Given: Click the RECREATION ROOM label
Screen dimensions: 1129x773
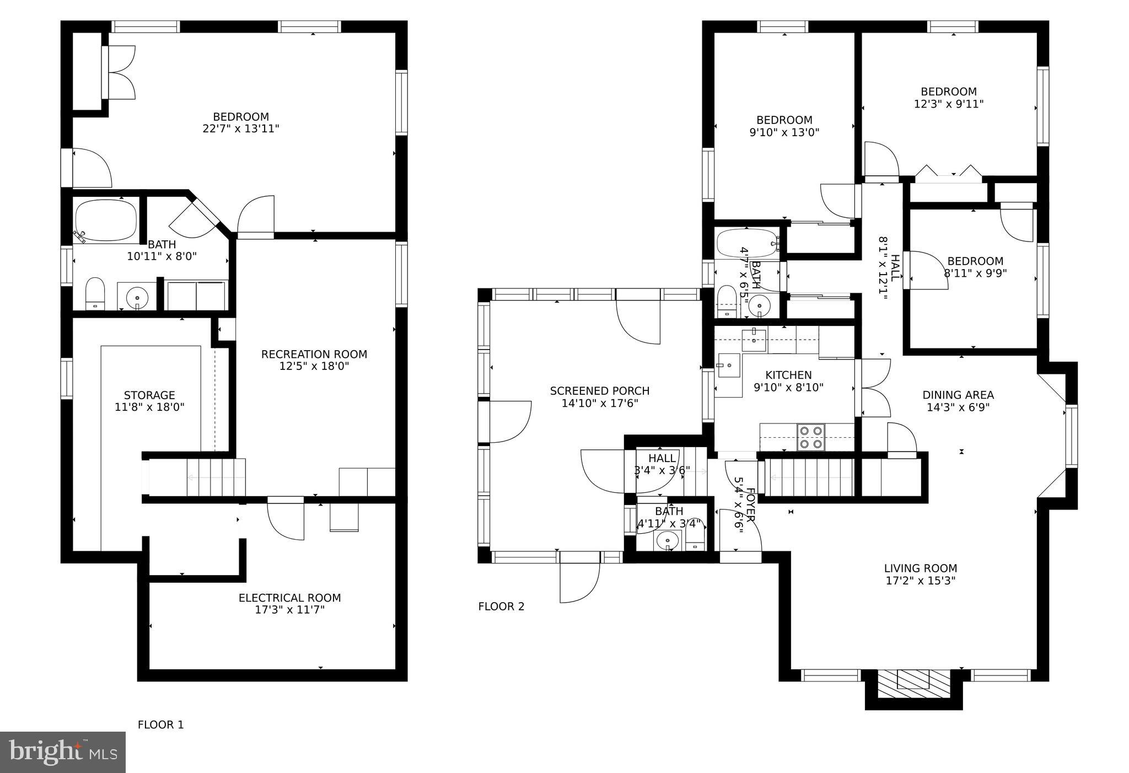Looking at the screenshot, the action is tap(314, 354).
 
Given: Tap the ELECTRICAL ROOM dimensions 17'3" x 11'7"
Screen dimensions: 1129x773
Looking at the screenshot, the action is tap(289, 610).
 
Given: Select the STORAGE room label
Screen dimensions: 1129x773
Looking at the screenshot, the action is tap(149, 395).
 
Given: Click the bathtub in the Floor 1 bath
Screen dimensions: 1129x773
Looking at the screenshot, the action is tap(106, 221).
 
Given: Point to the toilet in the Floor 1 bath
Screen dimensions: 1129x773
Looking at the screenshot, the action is tap(95, 293).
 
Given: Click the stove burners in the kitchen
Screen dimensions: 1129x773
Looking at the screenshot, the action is tap(810, 437).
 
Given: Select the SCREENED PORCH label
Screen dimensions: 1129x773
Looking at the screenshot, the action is tap(600, 391).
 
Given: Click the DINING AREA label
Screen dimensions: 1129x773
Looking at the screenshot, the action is tap(958, 395).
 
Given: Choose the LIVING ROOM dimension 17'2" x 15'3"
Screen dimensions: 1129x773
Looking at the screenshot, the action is tap(920, 580).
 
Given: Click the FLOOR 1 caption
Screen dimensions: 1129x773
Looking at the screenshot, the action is tap(160, 724).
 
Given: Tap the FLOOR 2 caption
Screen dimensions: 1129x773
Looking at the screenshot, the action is tap(501, 606).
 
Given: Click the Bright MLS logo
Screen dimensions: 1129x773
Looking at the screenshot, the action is tap(63, 752).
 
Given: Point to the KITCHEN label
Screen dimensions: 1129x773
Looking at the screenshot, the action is tap(788, 375).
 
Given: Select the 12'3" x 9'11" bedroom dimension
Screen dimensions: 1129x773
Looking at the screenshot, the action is tap(949, 104).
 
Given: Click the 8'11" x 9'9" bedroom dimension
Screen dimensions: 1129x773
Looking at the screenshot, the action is tap(975, 272).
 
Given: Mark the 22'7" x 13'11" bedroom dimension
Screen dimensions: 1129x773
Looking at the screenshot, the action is tap(241, 128).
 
